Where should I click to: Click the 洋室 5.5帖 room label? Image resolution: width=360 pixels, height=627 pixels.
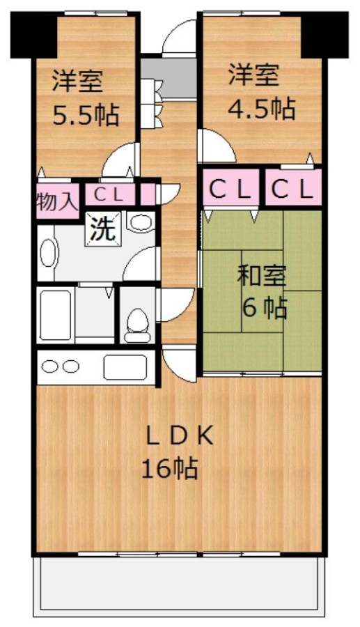pyautogui.click(x=86, y=98)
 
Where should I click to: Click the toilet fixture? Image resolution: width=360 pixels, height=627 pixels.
pyautogui.click(x=137, y=325)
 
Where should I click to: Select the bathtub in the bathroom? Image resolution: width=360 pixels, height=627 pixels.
pyautogui.click(x=56, y=314)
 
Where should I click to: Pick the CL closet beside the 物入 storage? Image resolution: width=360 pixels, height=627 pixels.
pyautogui.click(x=109, y=195)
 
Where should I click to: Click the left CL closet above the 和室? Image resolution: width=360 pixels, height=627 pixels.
pyautogui.click(x=230, y=189)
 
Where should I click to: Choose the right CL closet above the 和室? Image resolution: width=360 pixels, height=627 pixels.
pyautogui.click(x=293, y=189)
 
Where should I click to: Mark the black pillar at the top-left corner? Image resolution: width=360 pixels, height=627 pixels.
pyautogui.click(x=34, y=36)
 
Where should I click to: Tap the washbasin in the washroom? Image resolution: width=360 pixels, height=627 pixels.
pyautogui.click(x=47, y=253)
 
